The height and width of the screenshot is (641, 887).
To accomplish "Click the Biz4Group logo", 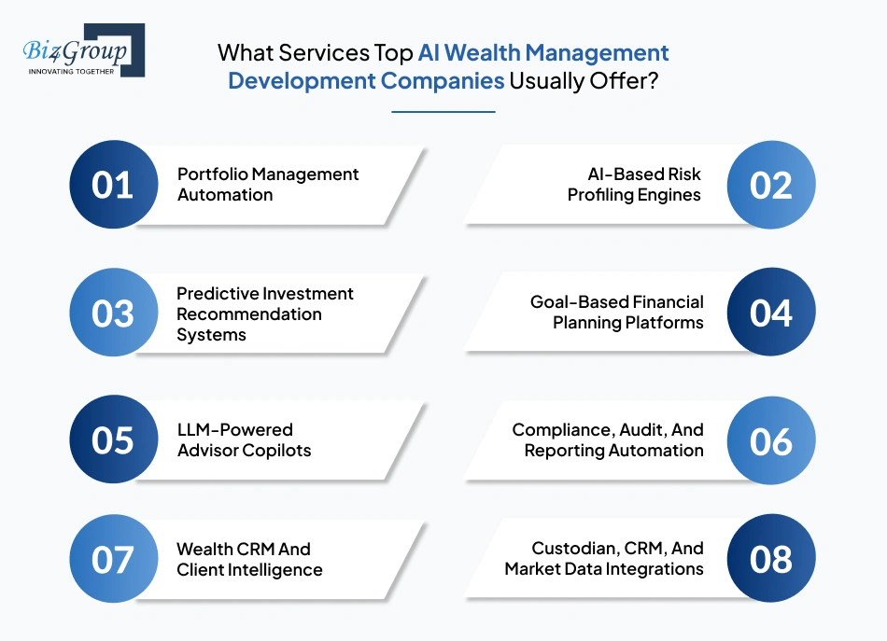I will [x=83, y=50].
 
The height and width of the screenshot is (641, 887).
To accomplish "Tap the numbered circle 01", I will [x=113, y=185].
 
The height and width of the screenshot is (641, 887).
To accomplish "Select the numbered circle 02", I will [x=771, y=185].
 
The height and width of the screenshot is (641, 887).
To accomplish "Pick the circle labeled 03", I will [x=113, y=313].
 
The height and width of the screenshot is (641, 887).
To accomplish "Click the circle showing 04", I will [x=771, y=313].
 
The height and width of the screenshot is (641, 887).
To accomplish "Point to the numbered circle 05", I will [x=113, y=440].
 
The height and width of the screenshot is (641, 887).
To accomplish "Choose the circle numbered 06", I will [x=771, y=440].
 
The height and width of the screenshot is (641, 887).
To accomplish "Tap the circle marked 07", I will [x=113, y=559].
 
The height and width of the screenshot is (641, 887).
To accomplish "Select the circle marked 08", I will [x=771, y=559].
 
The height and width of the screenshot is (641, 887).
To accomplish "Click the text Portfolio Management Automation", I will [x=268, y=185].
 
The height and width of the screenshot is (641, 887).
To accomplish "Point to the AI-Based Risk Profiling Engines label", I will [x=634, y=185].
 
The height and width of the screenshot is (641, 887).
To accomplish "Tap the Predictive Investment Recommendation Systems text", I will [x=265, y=314].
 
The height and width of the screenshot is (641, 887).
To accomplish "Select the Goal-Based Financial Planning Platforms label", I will [x=617, y=313].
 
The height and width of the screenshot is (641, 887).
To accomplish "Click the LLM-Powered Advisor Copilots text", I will [x=244, y=440].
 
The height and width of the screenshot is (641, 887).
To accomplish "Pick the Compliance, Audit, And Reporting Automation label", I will [x=608, y=440].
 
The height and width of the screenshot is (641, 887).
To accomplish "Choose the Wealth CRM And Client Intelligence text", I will [x=249, y=559].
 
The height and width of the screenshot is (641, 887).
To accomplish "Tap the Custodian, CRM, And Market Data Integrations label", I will [x=604, y=559].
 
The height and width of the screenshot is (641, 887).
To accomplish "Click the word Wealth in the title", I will [x=491, y=52].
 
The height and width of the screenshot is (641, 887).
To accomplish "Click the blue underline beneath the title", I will [x=443, y=112].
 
